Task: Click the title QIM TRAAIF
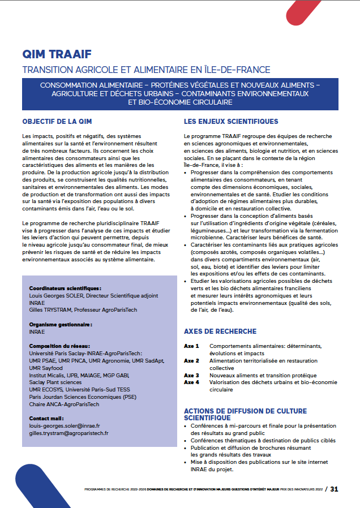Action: pos(56,55)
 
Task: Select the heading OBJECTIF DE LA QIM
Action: pos(57,121)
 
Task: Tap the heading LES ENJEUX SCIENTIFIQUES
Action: pos(231,121)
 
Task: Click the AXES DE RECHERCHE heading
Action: pos(220,331)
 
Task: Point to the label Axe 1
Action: pos(191,346)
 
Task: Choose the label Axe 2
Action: pos(191,360)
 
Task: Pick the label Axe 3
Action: pos(191,375)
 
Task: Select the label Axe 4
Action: pos(191,382)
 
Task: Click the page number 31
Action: pos(335,489)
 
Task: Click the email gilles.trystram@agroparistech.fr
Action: pos(68,433)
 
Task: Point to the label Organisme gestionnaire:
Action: pos(61,325)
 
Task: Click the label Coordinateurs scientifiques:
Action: pos(65,288)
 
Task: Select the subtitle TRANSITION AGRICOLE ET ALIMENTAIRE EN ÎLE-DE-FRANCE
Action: pos(146,70)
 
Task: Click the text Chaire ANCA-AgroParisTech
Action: pos(64,404)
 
